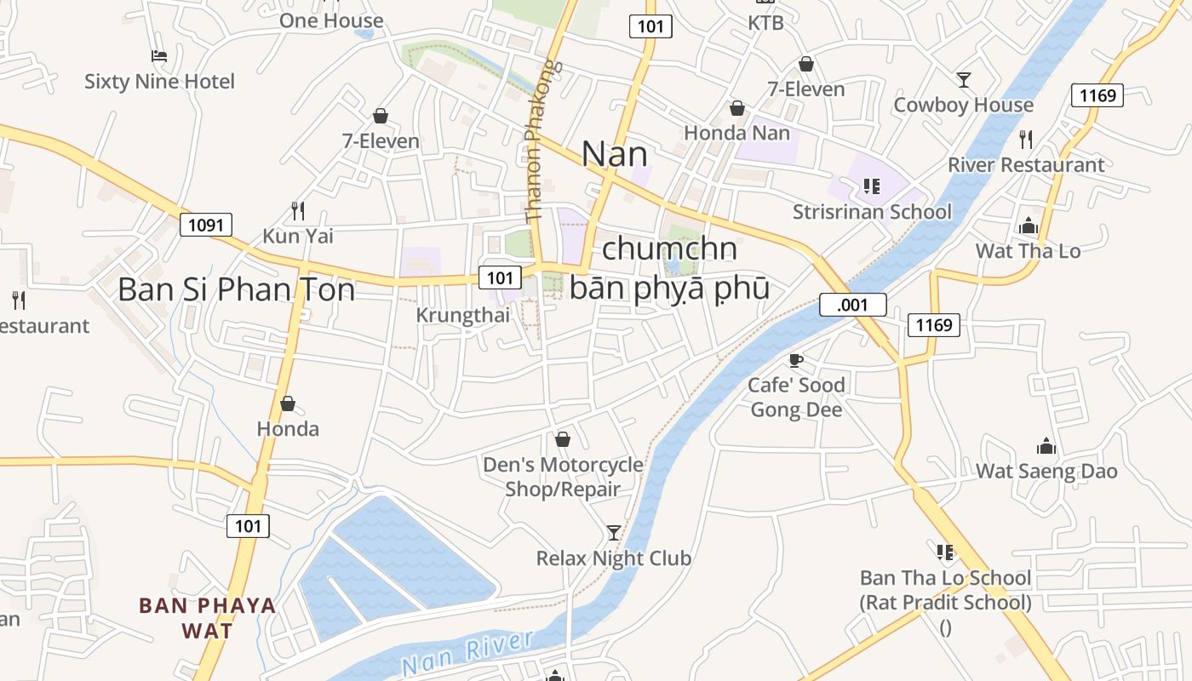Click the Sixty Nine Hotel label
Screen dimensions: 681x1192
(x=159, y=82)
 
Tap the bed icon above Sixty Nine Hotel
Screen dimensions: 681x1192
(x=159, y=56)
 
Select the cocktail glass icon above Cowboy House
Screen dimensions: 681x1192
(x=963, y=80)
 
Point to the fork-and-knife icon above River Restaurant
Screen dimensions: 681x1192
(x=1026, y=139)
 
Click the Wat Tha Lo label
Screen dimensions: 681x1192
(x=1028, y=251)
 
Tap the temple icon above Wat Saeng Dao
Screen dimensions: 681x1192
(x=1046, y=446)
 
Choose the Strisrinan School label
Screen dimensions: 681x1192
(x=872, y=211)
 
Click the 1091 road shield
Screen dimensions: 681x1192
(x=206, y=225)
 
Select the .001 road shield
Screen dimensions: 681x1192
(x=852, y=305)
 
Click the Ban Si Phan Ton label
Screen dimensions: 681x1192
(x=236, y=289)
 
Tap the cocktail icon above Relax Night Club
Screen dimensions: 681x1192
(x=613, y=533)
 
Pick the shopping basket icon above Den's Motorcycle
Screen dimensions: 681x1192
(x=562, y=439)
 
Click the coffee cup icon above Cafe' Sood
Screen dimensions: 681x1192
(x=796, y=360)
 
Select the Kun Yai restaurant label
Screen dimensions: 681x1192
(x=298, y=236)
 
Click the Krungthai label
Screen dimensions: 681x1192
(x=462, y=315)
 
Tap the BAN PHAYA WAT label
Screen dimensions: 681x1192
(x=208, y=618)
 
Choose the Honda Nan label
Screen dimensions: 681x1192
(x=736, y=133)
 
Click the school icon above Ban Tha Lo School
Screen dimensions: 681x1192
(x=945, y=552)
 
